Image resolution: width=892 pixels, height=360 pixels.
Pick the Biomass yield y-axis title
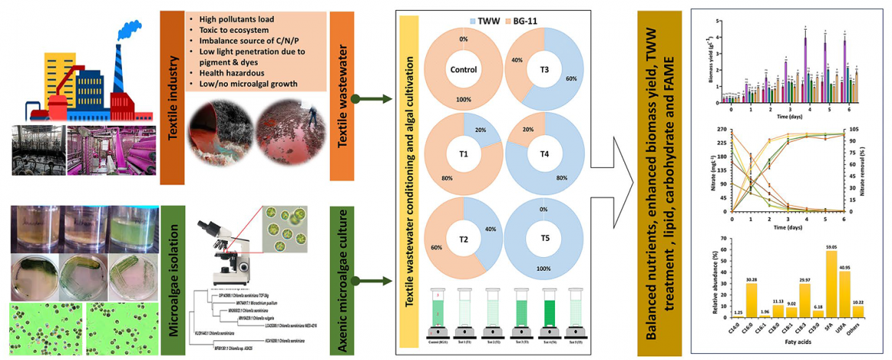[x=715, y=65]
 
